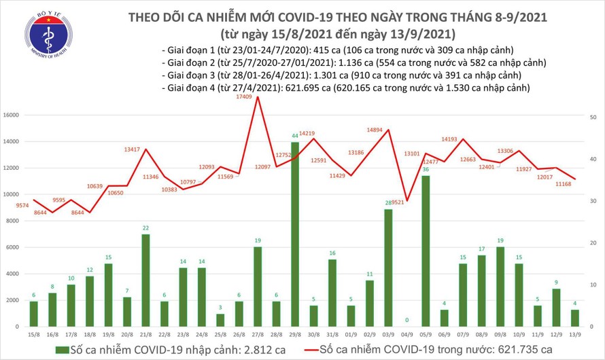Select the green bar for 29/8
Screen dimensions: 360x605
(294, 234)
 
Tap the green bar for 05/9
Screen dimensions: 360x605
(425, 251)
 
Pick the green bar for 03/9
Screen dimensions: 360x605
(387, 268)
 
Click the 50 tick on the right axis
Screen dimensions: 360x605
(593, 118)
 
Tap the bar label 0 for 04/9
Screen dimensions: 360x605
(406, 320)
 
